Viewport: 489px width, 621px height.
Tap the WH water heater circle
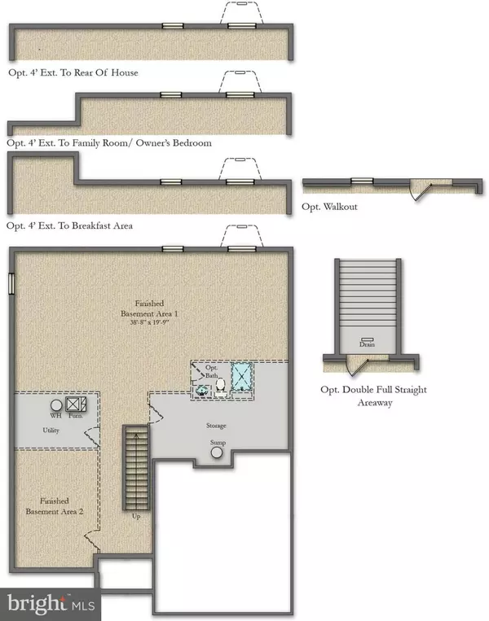[x=56, y=404]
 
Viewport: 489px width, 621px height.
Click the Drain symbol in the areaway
[x=367, y=339]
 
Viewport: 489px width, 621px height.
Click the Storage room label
[x=216, y=426]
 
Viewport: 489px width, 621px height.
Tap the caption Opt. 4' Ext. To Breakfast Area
[x=69, y=225]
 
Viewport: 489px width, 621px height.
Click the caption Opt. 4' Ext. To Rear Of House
[x=72, y=72]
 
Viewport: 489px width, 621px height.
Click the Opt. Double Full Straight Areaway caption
[x=373, y=396]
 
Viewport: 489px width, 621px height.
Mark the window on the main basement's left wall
[x=11, y=283]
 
